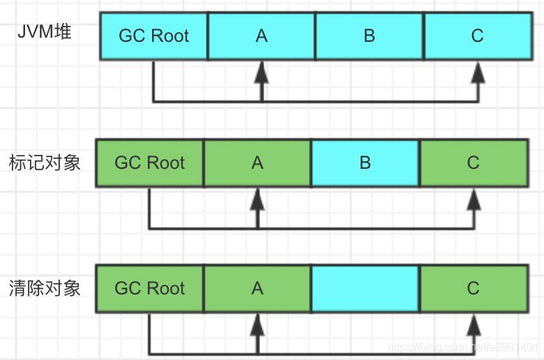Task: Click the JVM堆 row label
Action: coord(45,32)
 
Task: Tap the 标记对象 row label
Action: coord(45,163)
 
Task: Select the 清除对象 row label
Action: coord(45,288)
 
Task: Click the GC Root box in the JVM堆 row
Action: coord(153,36)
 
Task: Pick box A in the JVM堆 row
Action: coord(262,36)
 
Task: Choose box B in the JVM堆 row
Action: coord(370,36)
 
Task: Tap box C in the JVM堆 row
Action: coord(478,36)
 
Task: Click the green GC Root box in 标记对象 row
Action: coord(149,163)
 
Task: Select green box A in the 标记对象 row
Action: coord(257,163)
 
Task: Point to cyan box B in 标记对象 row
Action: coord(365,163)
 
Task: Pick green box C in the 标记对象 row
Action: coord(474,163)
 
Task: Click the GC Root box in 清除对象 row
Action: coord(149,289)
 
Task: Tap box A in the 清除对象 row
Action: coord(257,289)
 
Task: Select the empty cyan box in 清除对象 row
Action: coord(365,289)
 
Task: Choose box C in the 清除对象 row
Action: coord(474,289)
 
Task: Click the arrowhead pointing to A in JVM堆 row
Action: coord(262,72)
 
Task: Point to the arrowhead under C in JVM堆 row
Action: coord(478,72)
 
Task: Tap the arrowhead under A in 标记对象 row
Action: coord(257,200)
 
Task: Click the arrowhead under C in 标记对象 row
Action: coord(474,200)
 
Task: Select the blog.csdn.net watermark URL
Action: coord(463,347)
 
